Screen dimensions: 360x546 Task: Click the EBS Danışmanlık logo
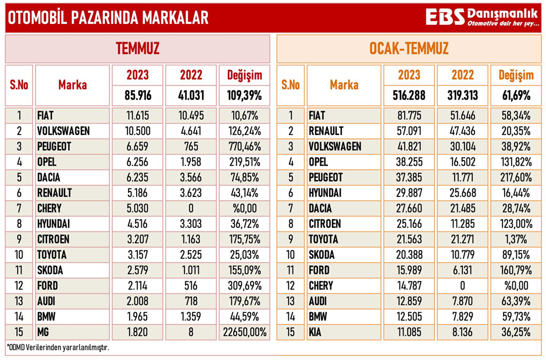coord(483,17)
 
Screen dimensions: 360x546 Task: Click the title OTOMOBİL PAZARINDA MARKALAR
coord(108,18)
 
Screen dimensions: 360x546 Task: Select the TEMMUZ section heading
coord(137,48)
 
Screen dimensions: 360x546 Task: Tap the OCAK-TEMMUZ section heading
coord(409,48)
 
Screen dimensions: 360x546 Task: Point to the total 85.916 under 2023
coord(138,94)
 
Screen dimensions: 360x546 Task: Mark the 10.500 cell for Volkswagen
coord(138,131)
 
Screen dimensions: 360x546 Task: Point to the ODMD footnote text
coord(58,348)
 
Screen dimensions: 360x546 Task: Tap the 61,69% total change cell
coord(515,94)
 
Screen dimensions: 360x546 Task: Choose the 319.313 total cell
coord(463,94)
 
